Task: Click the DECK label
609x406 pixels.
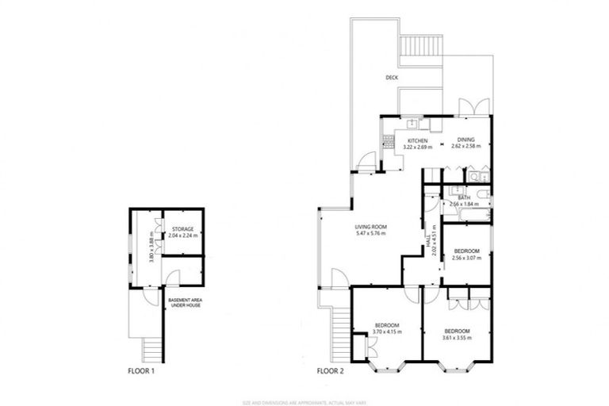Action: click(x=391, y=78)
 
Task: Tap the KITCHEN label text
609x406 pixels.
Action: click(x=417, y=140)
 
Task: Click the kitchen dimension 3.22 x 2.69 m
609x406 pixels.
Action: click(x=417, y=147)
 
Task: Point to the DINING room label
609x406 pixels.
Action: click(x=465, y=140)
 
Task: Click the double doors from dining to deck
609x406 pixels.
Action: click(x=470, y=108)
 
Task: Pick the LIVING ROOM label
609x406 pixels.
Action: click(x=370, y=227)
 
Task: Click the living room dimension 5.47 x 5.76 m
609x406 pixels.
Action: click(x=370, y=234)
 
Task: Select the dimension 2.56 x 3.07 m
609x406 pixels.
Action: click(x=465, y=258)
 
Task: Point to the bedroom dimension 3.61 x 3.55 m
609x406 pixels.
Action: click(x=458, y=338)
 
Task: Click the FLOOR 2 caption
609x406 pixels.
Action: click(x=331, y=370)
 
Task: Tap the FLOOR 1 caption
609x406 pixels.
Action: click(x=143, y=370)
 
